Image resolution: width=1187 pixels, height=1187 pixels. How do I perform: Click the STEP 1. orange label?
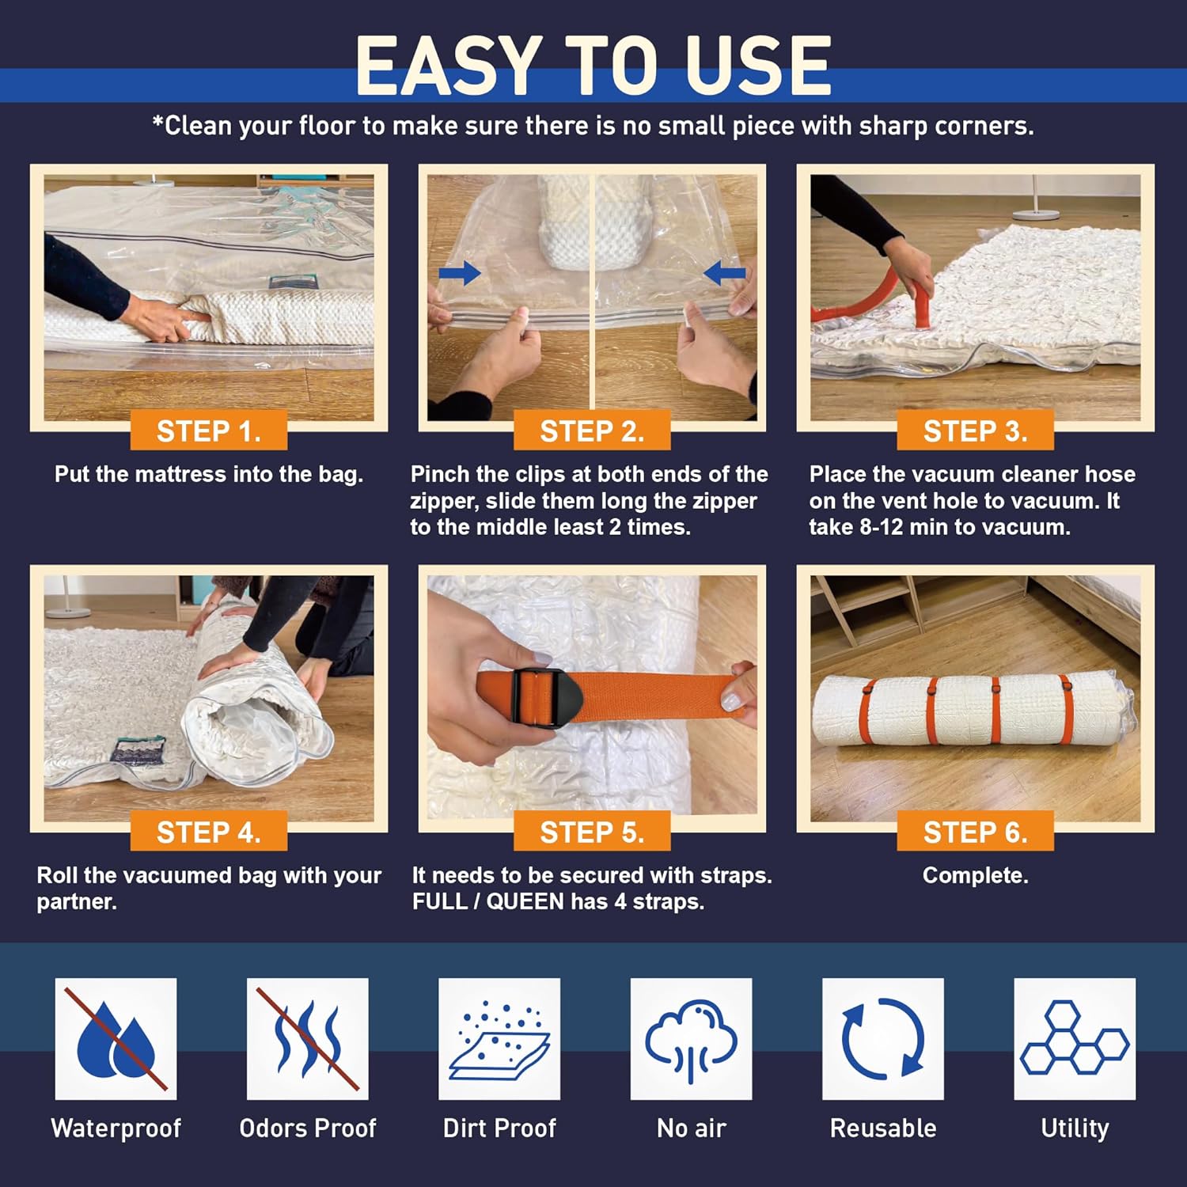(208, 430)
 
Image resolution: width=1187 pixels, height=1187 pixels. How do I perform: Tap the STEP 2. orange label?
(592, 430)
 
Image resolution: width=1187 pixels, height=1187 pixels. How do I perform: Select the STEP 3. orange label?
(975, 430)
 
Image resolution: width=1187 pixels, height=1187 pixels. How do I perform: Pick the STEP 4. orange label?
(208, 832)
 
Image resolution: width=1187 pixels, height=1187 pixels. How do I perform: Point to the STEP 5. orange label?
(592, 832)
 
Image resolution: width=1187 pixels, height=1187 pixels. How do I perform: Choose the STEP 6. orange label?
(975, 832)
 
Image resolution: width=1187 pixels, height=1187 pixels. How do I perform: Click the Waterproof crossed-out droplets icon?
(116, 1038)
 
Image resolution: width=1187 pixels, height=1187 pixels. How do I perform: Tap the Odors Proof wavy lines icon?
(308, 1038)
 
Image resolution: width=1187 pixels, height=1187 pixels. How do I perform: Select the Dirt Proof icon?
(499, 1038)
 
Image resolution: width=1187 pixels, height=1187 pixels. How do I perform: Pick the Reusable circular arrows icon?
(883, 1038)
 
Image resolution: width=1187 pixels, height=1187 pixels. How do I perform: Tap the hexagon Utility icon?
(1075, 1038)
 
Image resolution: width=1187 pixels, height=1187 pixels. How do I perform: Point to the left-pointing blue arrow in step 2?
(724, 274)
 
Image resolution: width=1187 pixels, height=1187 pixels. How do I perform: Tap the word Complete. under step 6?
(975, 875)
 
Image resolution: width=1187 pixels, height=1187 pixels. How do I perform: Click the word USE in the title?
(758, 66)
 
